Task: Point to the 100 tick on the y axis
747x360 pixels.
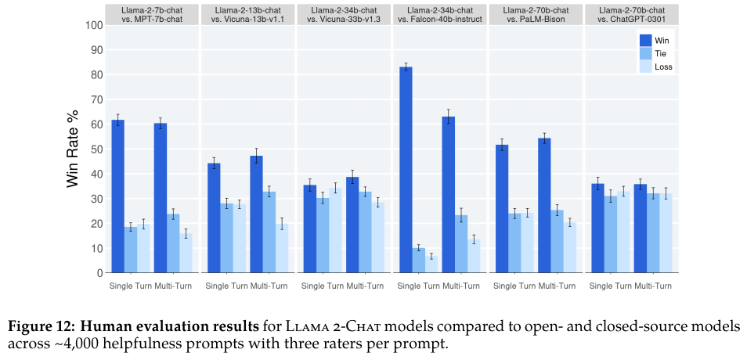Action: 93,25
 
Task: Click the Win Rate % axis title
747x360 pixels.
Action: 73,149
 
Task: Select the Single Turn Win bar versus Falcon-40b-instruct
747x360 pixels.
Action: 406,170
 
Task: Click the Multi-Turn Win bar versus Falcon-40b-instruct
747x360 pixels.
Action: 449,195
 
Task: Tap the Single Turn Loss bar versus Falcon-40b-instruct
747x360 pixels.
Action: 431,265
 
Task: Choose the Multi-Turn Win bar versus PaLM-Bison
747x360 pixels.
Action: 544,205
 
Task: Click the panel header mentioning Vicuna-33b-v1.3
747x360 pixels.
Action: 344,14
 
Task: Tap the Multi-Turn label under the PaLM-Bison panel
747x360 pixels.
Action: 557,286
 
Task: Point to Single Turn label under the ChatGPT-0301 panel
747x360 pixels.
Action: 609,286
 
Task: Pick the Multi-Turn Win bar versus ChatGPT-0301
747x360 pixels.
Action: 641,229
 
